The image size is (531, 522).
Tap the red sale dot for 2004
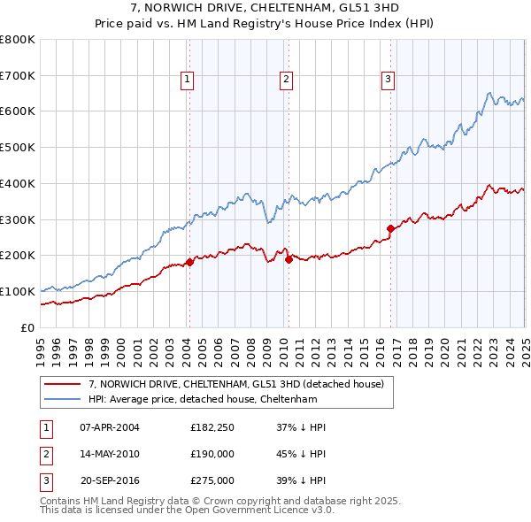pos(189,262)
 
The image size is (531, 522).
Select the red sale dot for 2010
pos(289,258)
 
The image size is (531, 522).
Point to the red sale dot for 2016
pos(390,228)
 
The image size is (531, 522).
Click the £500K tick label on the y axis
pos(18,148)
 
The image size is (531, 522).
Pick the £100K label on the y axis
pos(18,291)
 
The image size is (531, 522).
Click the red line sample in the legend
pos(62,385)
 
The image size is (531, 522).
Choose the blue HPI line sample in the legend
pos(62,400)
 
